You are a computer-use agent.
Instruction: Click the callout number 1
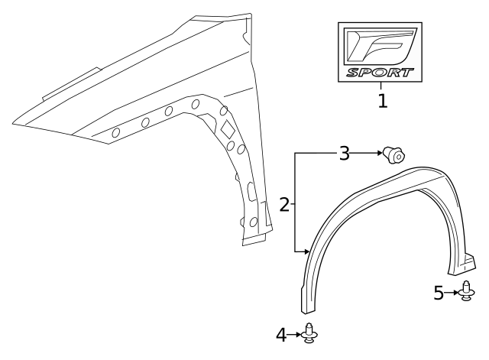[x=382, y=100]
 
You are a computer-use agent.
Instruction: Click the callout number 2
[x=284, y=204]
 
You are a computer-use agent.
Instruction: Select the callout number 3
[x=345, y=154]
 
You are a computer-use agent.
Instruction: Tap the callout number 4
[x=282, y=335]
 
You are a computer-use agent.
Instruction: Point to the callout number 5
[x=439, y=293]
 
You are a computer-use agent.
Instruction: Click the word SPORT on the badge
[x=381, y=73]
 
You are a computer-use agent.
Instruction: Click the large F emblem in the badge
[x=381, y=45]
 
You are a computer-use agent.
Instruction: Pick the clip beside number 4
[x=309, y=334]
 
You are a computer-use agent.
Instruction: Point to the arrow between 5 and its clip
[x=452, y=293]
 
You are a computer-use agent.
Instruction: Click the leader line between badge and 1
[x=381, y=86]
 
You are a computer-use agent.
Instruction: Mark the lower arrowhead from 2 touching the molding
[x=306, y=250]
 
